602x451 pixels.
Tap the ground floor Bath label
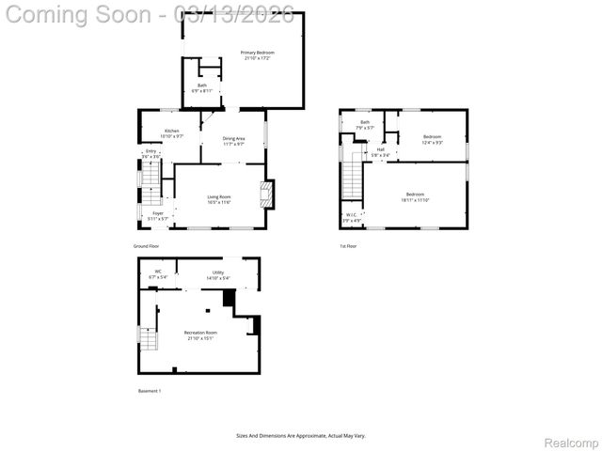[202, 87]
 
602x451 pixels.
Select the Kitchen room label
[171, 132]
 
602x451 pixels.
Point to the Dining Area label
[233, 141]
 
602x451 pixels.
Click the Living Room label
[219, 198]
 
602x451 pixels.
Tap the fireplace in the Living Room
[266, 194]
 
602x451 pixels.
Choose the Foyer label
[158, 215]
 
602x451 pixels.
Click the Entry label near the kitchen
[150, 152]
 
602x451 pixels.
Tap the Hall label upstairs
[381, 151]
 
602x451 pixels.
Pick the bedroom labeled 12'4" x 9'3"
[433, 139]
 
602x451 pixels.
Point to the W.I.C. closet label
[351, 217]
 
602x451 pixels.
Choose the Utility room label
[217, 274]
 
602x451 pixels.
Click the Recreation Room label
[199, 334]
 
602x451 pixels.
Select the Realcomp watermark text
[573, 442]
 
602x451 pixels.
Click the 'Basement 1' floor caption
[150, 391]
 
